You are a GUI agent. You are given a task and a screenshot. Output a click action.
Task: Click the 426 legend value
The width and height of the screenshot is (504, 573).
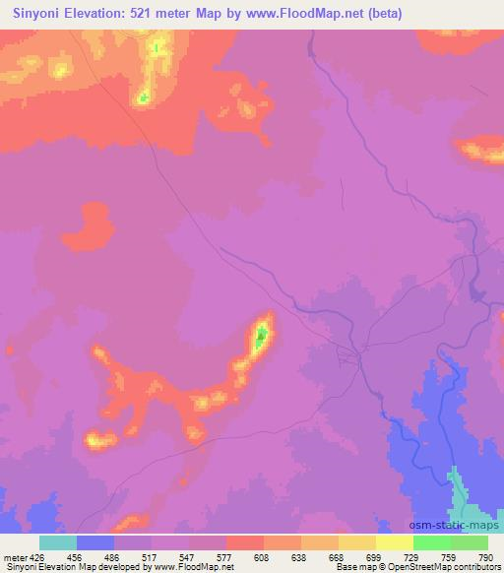coord(34,556)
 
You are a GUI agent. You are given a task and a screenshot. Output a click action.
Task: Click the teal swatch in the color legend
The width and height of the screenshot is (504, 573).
coord(58,542)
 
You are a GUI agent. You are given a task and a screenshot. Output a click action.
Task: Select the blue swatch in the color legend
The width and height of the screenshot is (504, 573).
coord(95,542)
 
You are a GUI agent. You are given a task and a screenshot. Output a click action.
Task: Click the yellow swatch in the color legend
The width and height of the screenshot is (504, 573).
coord(394,542)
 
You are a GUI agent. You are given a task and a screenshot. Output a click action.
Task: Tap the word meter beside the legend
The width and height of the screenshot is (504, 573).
coord(14,556)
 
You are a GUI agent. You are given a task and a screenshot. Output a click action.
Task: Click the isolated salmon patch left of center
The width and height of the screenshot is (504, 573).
coord(91,225)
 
